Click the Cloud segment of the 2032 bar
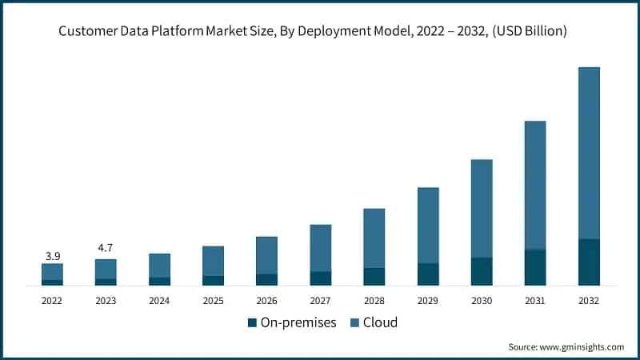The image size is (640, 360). [589, 152]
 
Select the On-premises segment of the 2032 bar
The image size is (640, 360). [589, 262]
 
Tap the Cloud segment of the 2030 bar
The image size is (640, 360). [482, 208]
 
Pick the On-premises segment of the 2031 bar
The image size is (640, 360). [535, 267]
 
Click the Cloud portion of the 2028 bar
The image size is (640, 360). [374, 238]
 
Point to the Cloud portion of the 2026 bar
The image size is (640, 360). [266, 255]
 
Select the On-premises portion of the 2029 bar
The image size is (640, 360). [428, 274]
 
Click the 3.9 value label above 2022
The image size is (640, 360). [52, 256]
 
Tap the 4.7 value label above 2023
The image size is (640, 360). [106, 249]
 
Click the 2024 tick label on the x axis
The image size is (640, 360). [159, 301]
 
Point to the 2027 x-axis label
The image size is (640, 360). [320, 301]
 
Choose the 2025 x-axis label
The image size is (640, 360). [213, 301]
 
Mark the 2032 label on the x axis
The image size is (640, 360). [589, 301]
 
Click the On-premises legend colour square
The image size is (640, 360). [253, 323]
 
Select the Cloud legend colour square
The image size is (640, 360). [354, 323]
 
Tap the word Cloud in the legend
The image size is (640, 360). [380, 323]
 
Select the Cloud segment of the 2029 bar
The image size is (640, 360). [428, 225]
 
